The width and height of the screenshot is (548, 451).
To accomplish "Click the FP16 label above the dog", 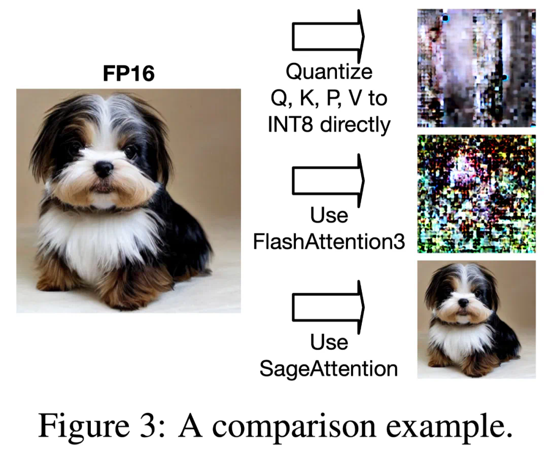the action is click(x=128, y=74).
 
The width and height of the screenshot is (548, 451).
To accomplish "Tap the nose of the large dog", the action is click(x=104, y=169).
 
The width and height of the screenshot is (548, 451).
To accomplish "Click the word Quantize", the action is click(x=329, y=72).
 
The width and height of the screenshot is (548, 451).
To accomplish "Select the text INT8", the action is click(x=290, y=125).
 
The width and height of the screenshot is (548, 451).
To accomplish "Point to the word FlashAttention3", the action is click(x=329, y=241).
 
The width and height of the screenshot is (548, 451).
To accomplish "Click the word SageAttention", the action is click(x=328, y=369).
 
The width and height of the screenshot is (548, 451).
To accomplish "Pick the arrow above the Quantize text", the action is click(x=328, y=36).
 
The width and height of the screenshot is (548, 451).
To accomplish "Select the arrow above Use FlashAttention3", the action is click(x=328, y=181).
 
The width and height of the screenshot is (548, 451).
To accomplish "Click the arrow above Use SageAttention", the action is click(x=328, y=307).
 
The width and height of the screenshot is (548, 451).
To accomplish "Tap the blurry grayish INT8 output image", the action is click(x=476, y=68).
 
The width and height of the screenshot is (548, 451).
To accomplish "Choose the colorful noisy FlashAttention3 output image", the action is click(x=476, y=194).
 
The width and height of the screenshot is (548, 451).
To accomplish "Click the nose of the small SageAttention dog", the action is click(x=463, y=303).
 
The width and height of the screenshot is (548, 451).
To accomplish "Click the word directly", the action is click(x=355, y=125).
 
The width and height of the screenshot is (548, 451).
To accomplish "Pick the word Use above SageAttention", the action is click(x=329, y=342).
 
